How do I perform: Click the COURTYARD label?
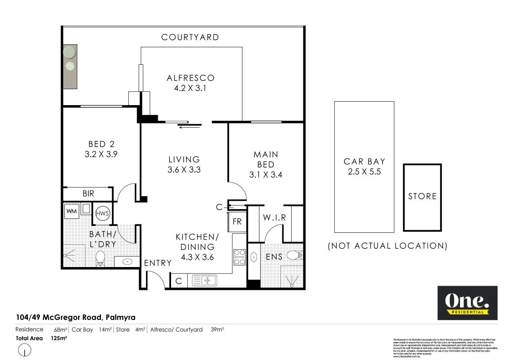190,37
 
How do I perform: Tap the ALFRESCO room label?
190,78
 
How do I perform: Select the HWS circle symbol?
102,214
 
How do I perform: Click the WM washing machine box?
72,211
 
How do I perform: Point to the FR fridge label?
237,222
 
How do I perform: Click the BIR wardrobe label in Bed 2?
88,194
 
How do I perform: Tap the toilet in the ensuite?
294,255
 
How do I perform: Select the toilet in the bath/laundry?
100,258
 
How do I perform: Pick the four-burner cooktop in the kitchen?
240,257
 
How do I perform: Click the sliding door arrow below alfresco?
189,127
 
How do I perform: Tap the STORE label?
423,197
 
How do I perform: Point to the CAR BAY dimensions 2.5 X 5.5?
364,172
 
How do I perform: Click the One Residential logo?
467,303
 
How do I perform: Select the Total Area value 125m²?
59,338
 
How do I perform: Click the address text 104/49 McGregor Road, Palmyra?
75,317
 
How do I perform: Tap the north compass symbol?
24,350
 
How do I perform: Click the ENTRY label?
158,263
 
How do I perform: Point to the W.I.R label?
274,218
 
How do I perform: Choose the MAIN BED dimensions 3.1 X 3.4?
266,175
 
